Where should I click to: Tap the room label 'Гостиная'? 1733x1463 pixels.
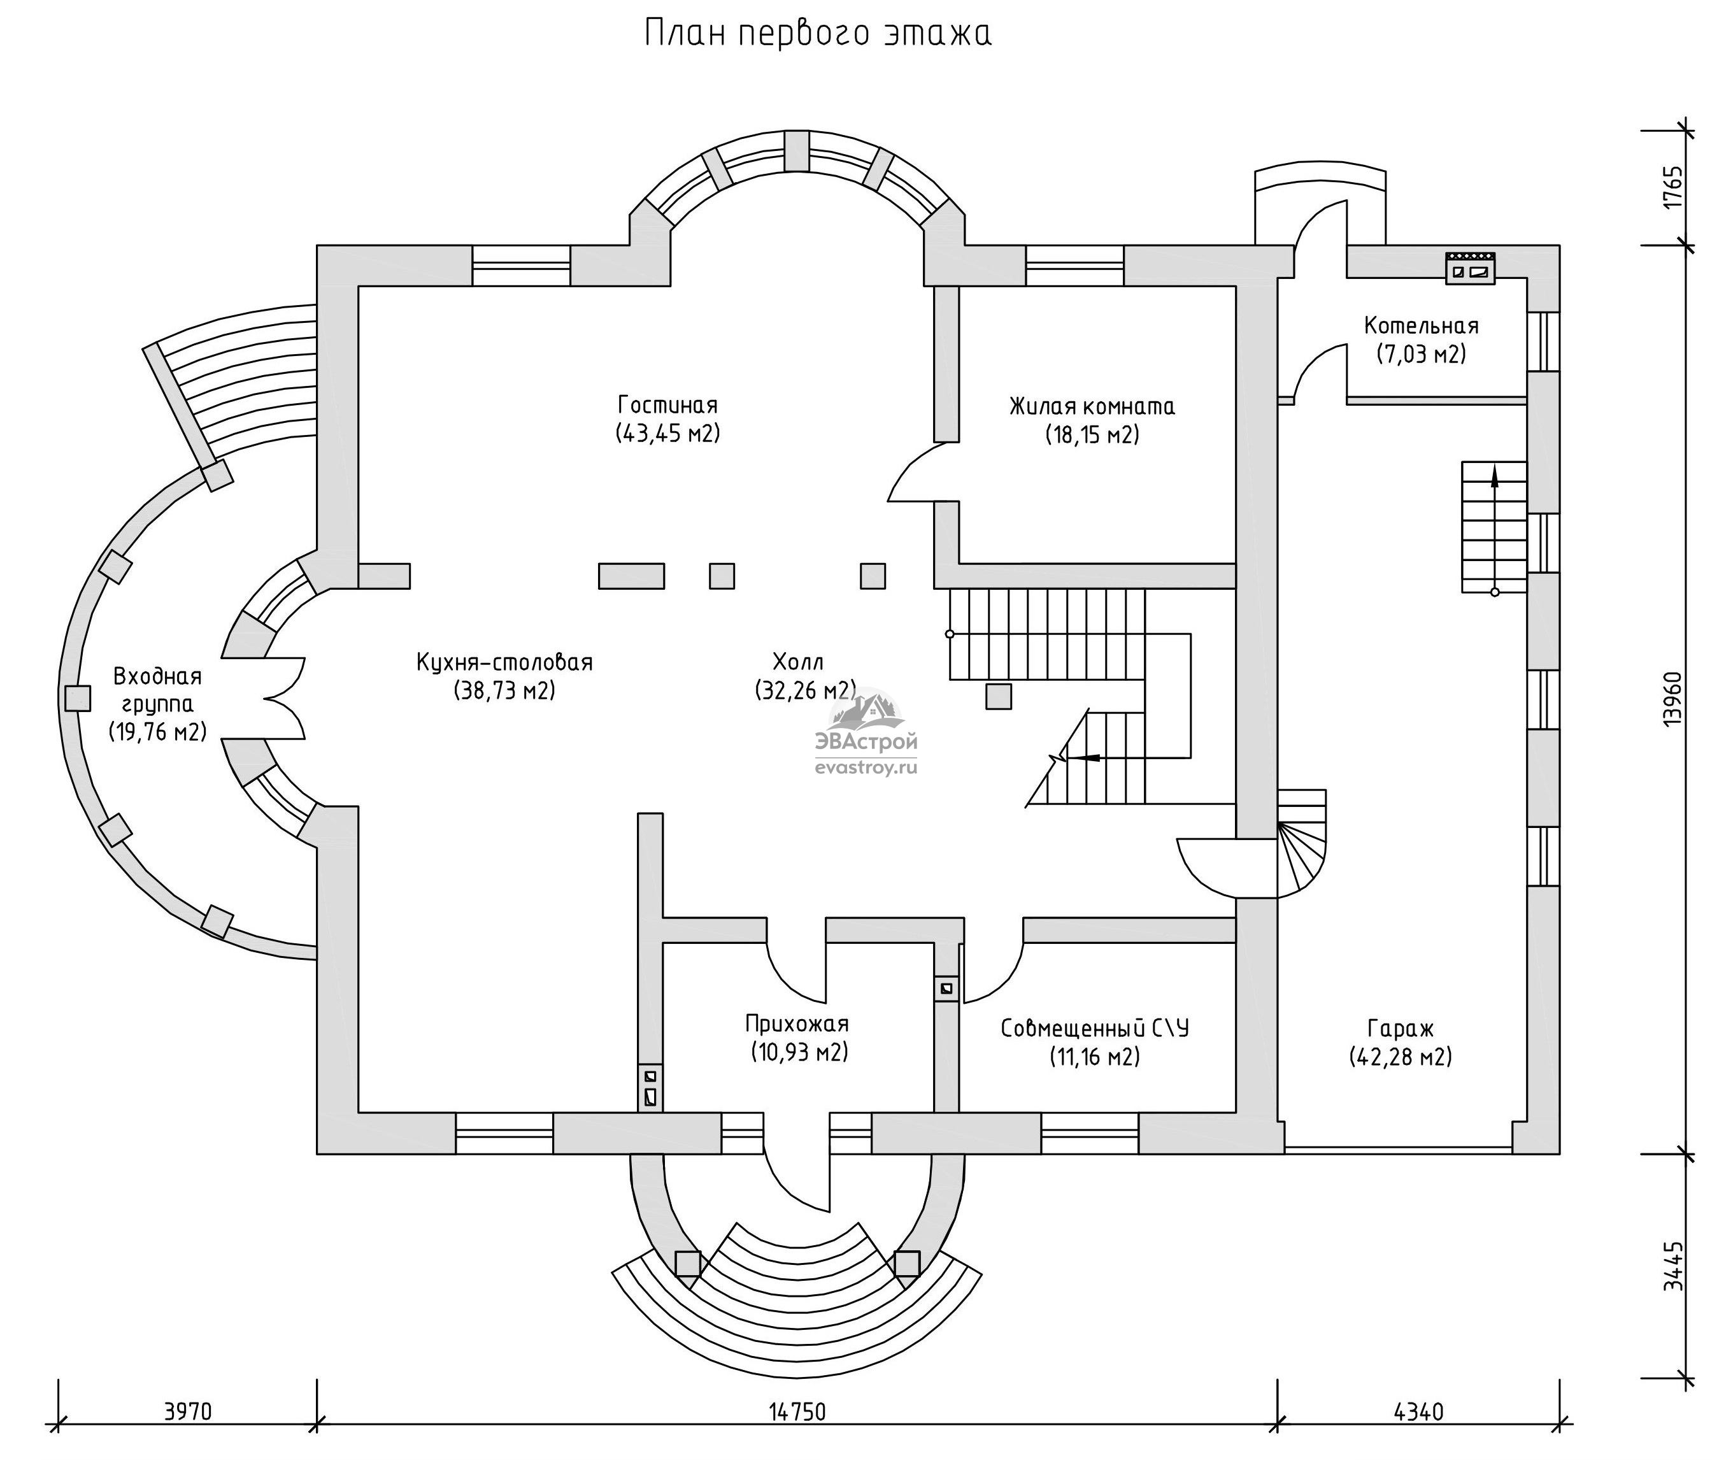pos(667,404)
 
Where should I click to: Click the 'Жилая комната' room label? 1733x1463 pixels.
pos(1092,406)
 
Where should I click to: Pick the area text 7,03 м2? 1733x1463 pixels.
pos(1421,354)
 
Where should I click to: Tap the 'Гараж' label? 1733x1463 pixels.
pos(1401,1029)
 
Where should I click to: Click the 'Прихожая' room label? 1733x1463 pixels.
pos(797,1025)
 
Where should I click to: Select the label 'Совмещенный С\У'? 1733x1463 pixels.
pos(1095,1029)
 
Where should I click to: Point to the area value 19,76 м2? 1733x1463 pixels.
pos(157,731)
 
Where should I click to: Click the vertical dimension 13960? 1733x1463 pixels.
pos(1672,699)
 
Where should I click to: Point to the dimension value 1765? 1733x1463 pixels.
pos(1672,189)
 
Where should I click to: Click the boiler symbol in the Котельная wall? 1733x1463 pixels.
pos(1470,269)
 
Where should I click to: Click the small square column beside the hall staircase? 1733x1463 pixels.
pos(999,696)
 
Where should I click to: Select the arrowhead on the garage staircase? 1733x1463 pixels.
pos(1495,476)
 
